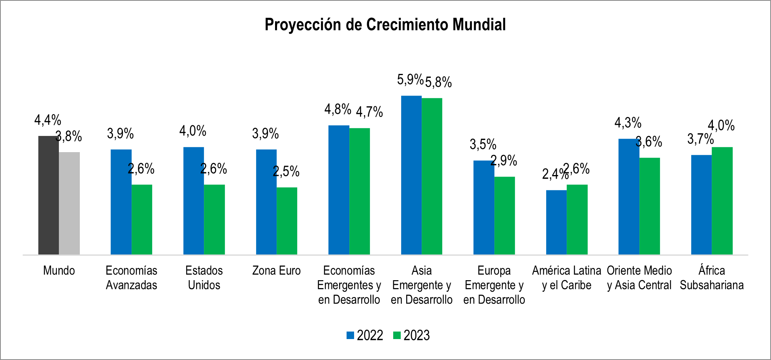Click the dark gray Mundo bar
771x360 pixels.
(48, 195)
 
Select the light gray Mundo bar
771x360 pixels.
(69, 203)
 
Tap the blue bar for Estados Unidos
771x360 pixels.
(194, 201)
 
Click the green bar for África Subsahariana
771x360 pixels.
(722, 201)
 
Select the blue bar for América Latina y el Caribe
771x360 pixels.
(556, 222)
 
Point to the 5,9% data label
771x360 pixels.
(410, 80)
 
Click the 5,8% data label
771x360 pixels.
(438, 83)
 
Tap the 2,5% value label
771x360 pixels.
(286, 172)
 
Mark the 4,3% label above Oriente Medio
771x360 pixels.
(628, 123)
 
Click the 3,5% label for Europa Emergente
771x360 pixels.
(483, 145)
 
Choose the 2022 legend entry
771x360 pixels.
(365, 335)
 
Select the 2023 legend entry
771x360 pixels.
(411, 335)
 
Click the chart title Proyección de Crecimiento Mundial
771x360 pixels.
(385, 25)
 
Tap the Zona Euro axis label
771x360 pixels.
(276, 271)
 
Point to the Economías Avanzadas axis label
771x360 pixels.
(131, 278)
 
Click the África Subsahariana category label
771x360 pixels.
(712, 278)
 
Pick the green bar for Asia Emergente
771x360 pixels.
(432, 176)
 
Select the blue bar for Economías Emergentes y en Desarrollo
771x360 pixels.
(339, 190)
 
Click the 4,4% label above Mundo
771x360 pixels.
(48, 120)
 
